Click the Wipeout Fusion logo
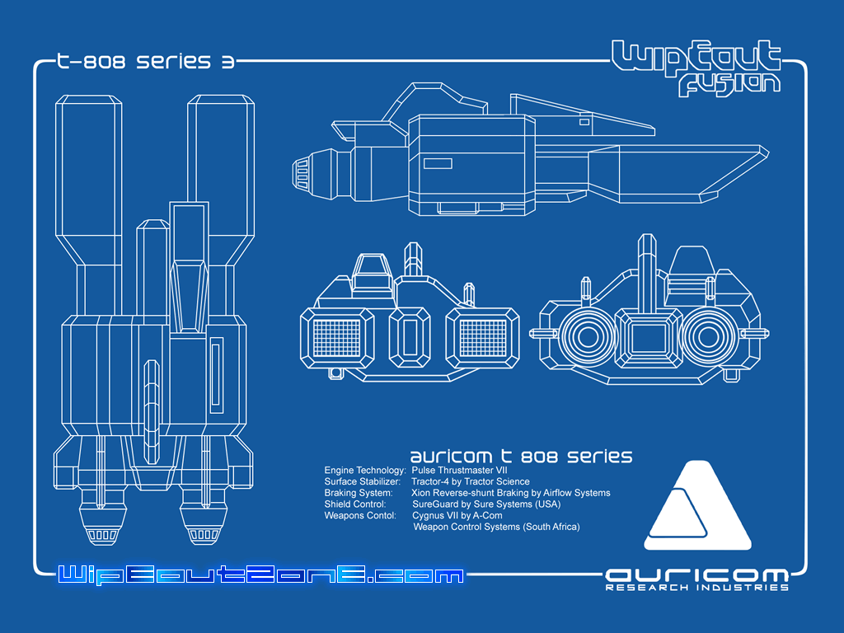click(x=696, y=68)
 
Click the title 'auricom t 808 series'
click(x=521, y=456)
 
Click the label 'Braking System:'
click(x=358, y=493)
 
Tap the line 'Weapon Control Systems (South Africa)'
click(x=496, y=527)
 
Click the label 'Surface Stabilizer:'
click(x=363, y=481)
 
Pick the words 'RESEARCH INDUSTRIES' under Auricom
click(x=696, y=588)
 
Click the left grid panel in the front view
click(x=338, y=338)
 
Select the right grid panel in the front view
click(x=482, y=338)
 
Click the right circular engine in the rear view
click(x=707, y=337)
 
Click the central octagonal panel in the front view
click(x=410, y=338)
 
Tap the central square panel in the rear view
click(x=649, y=337)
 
